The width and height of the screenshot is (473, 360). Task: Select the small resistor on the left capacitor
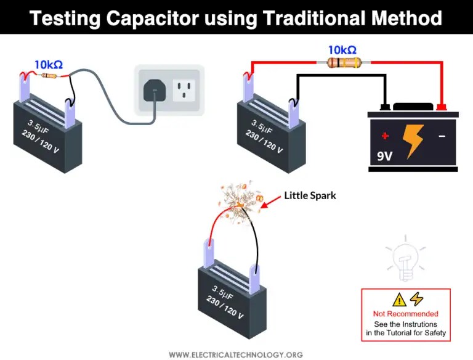point(48,76)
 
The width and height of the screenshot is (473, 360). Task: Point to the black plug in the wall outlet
point(154,92)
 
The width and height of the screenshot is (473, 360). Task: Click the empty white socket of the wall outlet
point(184,91)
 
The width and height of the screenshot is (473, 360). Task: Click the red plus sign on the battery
point(385,136)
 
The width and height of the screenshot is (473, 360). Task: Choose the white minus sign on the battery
point(441,136)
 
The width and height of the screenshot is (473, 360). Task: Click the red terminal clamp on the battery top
point(441,108)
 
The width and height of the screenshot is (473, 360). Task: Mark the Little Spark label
point(311,195)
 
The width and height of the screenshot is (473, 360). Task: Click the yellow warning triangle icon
point(399,300)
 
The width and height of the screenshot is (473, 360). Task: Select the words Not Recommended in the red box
point(405,314)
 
